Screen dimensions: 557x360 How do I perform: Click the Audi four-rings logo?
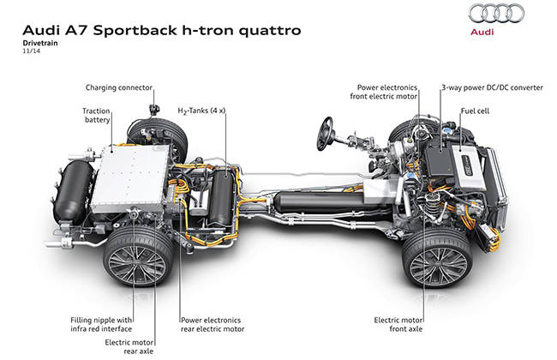click(496, 14)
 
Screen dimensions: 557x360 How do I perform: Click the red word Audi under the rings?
click(482, 32)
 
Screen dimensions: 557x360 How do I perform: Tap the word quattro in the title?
click(270, 31)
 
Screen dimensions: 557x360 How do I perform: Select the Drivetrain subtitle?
click(40, 43)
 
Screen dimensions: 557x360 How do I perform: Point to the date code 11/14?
click(32, 51)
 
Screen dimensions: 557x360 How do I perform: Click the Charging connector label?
click(119, 87)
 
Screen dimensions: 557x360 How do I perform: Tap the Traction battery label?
click(96, 115)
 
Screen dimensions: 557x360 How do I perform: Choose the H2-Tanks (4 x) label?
click(201, 111)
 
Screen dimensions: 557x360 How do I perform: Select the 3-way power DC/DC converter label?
click(492, 87)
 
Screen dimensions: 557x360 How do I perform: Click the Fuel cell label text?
click(475, 111)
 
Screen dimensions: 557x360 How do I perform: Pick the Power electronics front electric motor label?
click(384, 92)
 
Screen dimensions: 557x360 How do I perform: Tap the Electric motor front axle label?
click(398, 325)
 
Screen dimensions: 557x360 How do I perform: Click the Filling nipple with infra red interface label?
click(101, 325)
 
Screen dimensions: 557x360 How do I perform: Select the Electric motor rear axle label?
click(129, 346)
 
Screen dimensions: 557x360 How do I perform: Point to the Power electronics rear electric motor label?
click(213, 325)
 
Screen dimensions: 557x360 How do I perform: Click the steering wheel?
click(325, 134)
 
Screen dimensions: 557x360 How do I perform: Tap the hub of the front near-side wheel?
click(439, 263)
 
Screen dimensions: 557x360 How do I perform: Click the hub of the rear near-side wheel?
click(137, 262)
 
